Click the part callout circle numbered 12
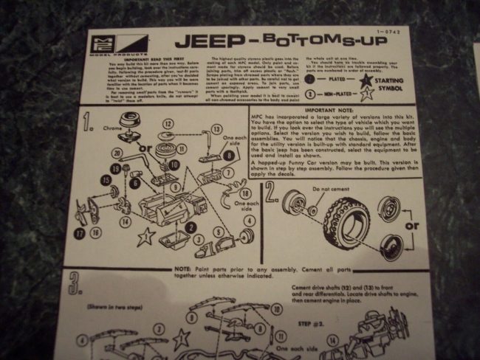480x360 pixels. click(168, 123)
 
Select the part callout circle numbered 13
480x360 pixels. click(217, 128)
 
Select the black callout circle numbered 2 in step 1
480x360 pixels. click(191, 229)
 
